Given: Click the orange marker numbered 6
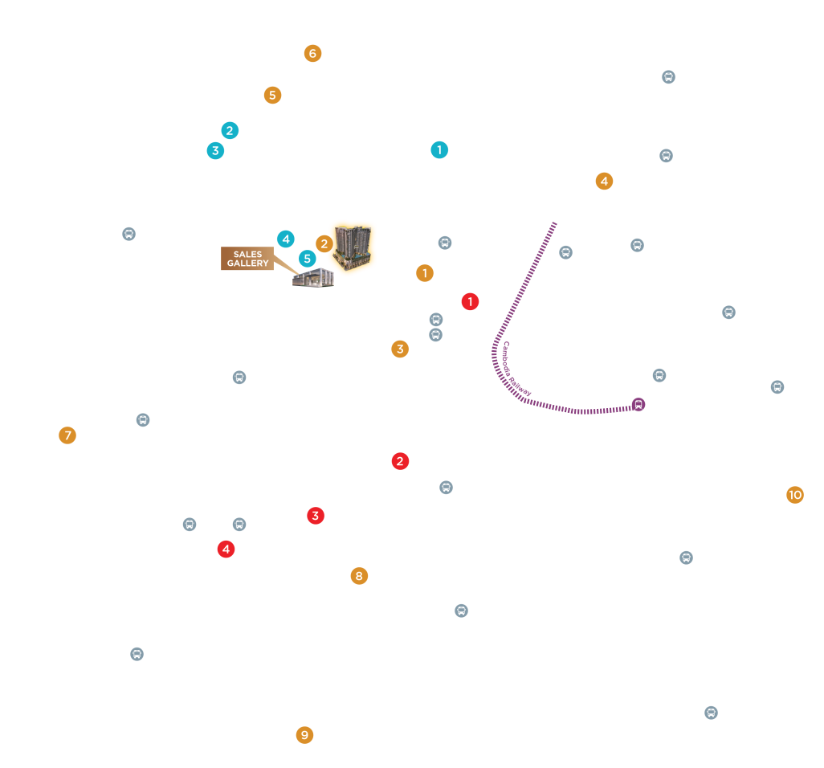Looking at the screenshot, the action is [312, 53].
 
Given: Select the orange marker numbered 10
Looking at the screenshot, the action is [794, 495].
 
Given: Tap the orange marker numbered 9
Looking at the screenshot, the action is [305, 735].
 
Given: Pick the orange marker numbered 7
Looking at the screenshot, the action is [67, 435].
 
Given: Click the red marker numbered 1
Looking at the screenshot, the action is [470, 302].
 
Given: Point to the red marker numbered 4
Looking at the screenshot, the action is [226, 549].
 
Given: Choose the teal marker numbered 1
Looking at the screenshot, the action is [439, 149].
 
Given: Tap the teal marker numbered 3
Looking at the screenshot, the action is [215, 151].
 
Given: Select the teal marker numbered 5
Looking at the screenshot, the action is [308, 259].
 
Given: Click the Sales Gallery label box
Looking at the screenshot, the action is [247, 258].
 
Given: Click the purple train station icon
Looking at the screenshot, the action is [638, 404].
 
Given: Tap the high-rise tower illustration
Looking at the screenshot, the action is [353, 247].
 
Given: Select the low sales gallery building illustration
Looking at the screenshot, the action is [313, 277].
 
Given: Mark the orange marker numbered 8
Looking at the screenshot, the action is [359, 576].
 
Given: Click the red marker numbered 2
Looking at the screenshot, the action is [400, 461].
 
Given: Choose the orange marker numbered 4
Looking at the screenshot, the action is [604, 182].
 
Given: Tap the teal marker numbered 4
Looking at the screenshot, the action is [286, 239].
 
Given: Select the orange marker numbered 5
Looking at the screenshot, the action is [272, 95].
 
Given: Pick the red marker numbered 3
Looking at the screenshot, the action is [316, 516].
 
